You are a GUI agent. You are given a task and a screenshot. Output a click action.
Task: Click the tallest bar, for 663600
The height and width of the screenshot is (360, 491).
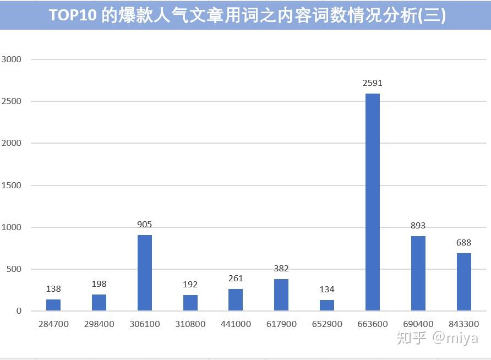tap(372, 202)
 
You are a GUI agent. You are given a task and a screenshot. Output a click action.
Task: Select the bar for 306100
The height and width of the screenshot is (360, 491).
tap(145, 272)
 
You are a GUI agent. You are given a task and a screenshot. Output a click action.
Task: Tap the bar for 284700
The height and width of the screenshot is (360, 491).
tap(53, 305)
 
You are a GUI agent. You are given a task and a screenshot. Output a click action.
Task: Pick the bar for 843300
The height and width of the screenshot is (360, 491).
tap(464, 282)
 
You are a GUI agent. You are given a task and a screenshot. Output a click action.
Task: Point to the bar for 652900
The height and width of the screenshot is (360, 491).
tap(327, 305)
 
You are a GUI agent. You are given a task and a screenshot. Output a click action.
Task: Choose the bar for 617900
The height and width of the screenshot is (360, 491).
tap(281, 295)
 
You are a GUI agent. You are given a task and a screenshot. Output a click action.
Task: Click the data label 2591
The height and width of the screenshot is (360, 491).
tap(372, 83)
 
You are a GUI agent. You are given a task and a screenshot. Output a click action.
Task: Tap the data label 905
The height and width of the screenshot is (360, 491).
tap(144, 225)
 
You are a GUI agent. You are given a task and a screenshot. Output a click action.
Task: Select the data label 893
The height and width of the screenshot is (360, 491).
tap(418, 225)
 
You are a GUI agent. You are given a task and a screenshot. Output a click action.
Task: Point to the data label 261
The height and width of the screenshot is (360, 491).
tap(236, 279)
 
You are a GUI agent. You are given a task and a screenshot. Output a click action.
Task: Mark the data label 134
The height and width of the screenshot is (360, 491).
tap(327, 289)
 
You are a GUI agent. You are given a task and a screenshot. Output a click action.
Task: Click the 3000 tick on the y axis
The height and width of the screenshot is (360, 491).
tap(11, 59)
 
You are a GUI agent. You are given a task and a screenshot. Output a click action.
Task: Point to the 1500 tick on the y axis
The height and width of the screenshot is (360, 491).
tap(11, 186)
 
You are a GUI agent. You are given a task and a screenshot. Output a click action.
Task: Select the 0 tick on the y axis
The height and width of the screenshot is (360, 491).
tap(19, 311)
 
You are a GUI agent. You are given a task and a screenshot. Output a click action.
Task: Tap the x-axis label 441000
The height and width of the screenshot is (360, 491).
tap(236, 324)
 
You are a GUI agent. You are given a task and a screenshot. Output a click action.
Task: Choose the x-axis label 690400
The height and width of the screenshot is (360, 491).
tap(418, 324)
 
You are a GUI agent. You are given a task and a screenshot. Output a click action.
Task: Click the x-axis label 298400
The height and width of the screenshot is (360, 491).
tap(99, 324)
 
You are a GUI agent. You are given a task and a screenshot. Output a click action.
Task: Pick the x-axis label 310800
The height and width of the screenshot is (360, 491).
tap(190, 324)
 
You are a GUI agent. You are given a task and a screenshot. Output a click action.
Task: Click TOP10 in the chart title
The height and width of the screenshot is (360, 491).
tap(73, 15)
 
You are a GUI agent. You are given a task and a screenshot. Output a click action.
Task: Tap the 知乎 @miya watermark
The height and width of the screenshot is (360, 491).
tap(438, 339)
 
